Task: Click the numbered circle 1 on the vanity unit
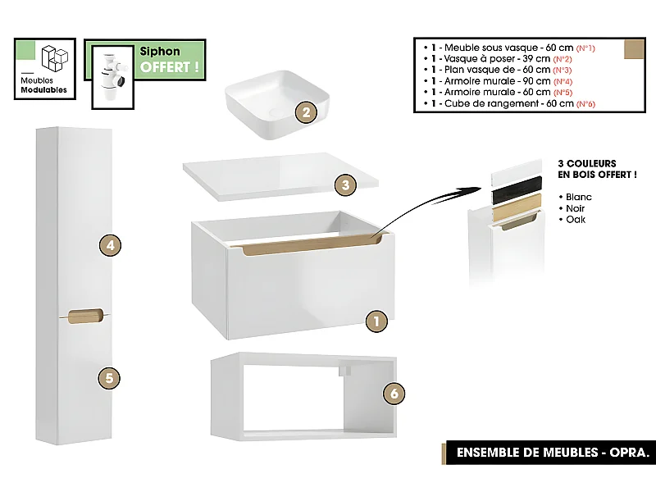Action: click(x=375, y=321)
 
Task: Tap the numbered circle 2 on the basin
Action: click(x=305, y=113)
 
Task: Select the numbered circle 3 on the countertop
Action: click(x=346, y=184)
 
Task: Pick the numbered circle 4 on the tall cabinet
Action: click(x=110, y=244)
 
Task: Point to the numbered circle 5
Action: click(x=110, y=378)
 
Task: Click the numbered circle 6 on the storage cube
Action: click(x=394, y=394)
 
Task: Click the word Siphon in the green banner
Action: click(x=160, y=52)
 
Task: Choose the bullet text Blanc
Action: click(x=578, y=198)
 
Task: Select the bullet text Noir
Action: click(x=576, y=209)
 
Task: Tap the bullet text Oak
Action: click(x=575, y=220)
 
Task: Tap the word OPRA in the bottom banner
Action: click(x=632, y=453)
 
